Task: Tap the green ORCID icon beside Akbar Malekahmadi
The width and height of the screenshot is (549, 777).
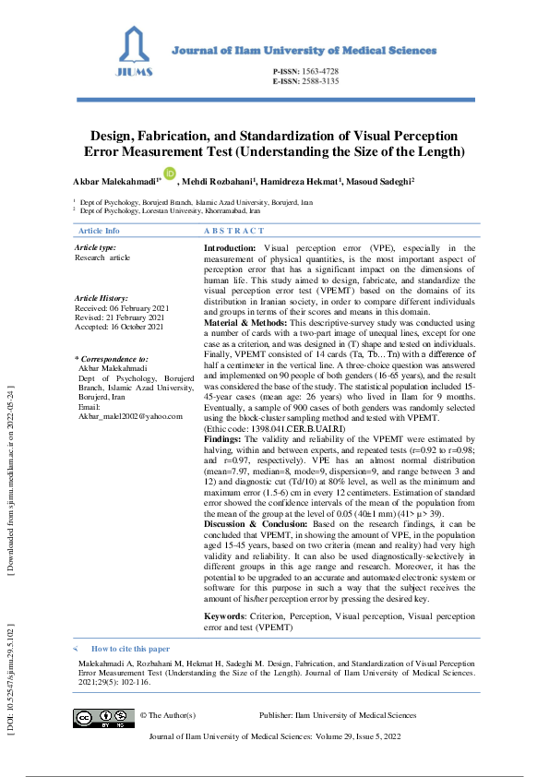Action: coord(170,173)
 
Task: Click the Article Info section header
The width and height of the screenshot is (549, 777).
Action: coord(99,231)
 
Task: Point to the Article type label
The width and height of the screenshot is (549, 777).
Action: coord(95,247)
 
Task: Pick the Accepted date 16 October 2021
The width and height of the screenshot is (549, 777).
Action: coord(119,327)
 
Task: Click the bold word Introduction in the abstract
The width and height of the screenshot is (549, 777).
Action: coord(230,248)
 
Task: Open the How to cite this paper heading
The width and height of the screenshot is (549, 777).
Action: coord(130,649)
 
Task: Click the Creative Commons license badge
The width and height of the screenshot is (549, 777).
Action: coord(104,719)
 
